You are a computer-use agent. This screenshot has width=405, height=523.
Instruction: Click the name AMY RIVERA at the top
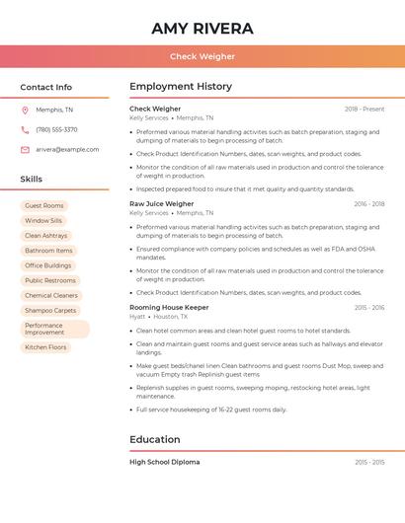202,29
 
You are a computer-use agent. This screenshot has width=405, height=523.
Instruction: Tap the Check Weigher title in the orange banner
202,56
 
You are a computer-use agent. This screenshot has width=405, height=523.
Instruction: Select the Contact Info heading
45,87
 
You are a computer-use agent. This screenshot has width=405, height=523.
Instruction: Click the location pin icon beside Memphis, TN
25,110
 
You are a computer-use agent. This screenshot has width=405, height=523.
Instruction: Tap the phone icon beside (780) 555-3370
25,129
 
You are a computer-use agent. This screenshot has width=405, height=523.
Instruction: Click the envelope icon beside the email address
25,149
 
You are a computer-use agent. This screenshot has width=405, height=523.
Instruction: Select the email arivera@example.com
67,149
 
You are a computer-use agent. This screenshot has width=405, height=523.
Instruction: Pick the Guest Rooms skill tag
44,205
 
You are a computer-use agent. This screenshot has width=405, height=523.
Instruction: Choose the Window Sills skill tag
43,221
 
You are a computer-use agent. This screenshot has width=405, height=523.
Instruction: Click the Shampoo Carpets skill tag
50,310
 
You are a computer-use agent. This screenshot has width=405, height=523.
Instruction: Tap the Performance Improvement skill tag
55,329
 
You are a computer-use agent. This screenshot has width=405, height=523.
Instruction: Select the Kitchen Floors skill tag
45,347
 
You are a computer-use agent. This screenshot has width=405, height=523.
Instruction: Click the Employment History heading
181,87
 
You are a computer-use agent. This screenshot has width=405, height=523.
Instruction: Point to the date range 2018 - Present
364,109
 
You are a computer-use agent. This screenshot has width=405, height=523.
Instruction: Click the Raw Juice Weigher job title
161,203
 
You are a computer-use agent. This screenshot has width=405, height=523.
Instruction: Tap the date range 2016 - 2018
368,204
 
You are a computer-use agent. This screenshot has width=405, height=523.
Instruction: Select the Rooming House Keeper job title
169,308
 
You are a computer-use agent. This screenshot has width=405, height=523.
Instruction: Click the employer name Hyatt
137,317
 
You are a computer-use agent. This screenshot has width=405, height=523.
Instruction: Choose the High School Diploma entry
164,462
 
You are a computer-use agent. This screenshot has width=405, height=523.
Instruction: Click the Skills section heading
31,179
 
